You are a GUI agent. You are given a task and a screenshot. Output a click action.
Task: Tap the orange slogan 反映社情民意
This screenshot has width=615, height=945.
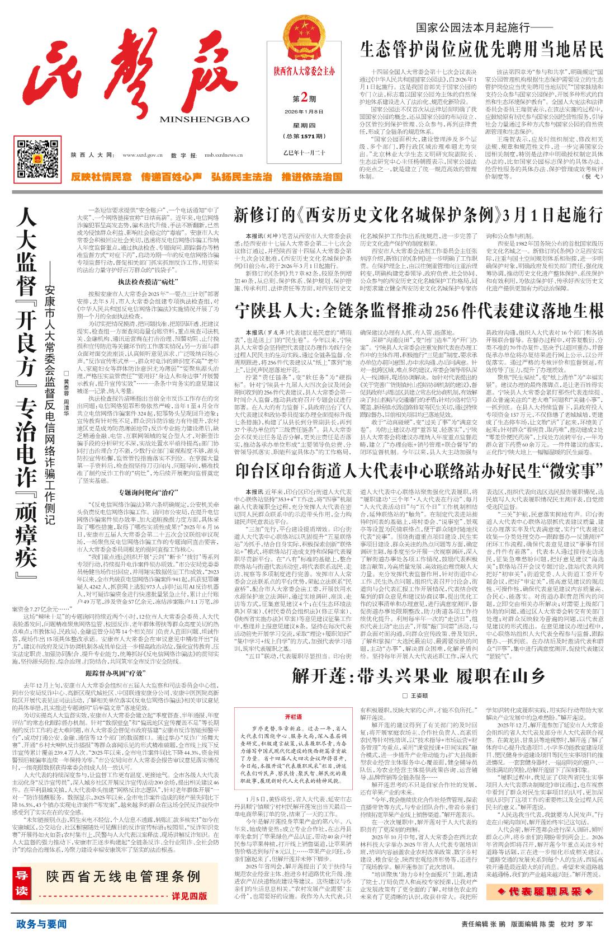pos(101,177)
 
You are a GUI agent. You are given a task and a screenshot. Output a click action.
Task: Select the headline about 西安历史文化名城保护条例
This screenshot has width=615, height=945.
pos(418,215)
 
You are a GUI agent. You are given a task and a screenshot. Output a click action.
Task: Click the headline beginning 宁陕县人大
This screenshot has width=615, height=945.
pos(418,311)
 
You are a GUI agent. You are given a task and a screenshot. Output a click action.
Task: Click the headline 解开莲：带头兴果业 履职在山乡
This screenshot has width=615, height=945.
pos(418,676)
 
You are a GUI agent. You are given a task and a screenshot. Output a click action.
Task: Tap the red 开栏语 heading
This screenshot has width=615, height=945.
pos(292,716)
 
